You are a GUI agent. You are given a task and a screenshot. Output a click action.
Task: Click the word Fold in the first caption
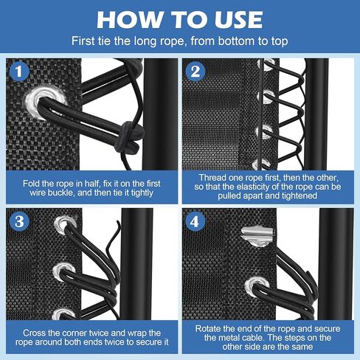(33, 179)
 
